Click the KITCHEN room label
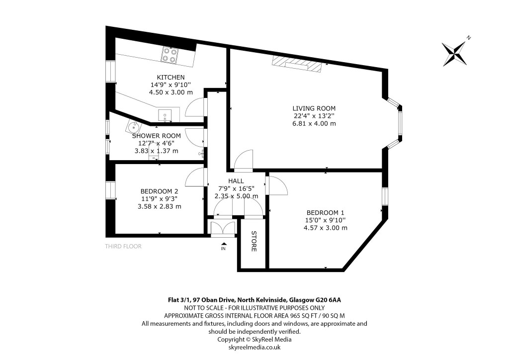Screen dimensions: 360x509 [x=170, y=77]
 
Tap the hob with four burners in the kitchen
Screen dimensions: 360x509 [x=170, y=55]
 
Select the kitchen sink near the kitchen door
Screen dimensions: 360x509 [x=166, y=116]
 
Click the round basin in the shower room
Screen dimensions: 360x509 [x=134, y=127]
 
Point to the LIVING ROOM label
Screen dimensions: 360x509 [x=314, y=108]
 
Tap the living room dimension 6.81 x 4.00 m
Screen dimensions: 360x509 [x=314, y=123]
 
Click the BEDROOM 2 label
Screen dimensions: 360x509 [x=159, y=191]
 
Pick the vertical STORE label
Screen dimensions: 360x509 [x=254, y=241]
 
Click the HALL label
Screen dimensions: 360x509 [x=236, y=180]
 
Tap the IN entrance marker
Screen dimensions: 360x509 [x=223, y=248]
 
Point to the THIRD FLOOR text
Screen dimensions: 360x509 [x=123, y=246]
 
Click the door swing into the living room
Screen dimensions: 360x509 [x=244, y=161]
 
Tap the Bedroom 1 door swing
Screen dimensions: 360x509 [x=276, y=185]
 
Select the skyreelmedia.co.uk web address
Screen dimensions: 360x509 [x=254, y=347]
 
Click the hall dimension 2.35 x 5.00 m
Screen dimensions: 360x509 [x=236, y=196]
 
